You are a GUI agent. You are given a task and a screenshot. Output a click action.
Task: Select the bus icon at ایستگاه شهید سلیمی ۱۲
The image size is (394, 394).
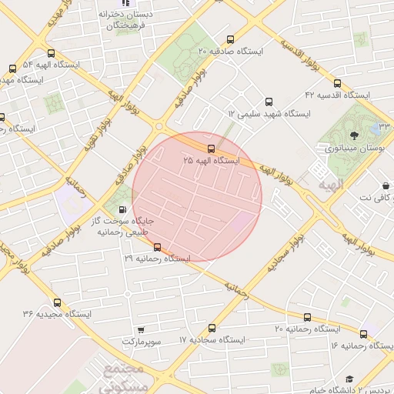269,102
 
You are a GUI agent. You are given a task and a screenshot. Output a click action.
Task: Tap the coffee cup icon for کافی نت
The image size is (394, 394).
386,186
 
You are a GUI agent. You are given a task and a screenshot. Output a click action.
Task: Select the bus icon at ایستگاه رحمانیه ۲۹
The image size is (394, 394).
158,247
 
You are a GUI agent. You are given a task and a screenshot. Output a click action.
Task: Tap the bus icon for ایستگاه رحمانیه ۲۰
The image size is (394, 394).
307,317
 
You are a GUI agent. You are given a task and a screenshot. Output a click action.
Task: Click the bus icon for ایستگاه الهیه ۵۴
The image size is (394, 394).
51,54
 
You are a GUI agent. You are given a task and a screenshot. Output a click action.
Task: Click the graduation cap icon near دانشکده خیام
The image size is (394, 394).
349,379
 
